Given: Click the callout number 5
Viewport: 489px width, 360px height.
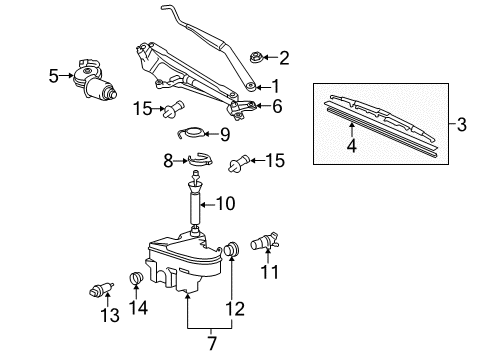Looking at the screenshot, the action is tap(54, 76).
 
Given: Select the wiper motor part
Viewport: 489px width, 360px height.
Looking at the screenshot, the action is tap(95, 80).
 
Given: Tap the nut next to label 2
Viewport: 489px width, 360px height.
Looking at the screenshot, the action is tap(256, 58).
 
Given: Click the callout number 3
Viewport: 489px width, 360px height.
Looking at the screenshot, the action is tap(461, 125).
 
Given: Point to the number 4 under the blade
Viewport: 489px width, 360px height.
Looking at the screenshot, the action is tap(352, 145).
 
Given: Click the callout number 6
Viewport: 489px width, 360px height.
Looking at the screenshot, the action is tap(277, 106).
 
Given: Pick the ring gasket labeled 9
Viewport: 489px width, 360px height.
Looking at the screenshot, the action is tap(191, 133).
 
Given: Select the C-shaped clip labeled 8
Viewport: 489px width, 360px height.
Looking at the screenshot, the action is tap(200, 159).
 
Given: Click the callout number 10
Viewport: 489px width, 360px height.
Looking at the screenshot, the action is tap(226, 203).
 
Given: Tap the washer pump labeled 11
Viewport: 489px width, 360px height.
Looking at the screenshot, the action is tap(265, 242).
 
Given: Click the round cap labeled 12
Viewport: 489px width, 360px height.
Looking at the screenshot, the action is tap(232, 249).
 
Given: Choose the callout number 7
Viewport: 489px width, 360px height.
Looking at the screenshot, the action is tap(212, 343).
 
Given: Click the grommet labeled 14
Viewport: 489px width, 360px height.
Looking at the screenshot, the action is tap(135, 278).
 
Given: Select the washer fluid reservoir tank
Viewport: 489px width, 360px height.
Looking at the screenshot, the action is tap(184, 263).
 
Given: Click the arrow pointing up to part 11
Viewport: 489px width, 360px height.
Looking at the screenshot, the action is tap(268, 255).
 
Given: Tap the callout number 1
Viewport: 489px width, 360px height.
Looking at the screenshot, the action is tap(275, 86).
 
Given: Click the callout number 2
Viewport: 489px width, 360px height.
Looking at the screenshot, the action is tap(284, 58).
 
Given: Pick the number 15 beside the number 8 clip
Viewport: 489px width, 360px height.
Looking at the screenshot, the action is tap(275, 160).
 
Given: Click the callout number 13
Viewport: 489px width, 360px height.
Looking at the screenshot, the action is tap(110, 315).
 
